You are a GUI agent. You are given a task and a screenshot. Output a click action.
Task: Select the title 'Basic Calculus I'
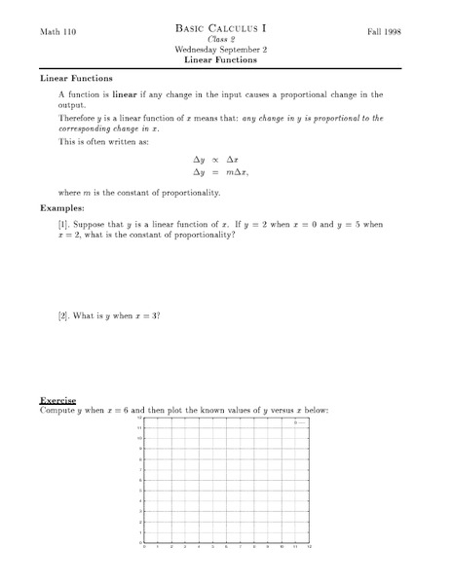227,29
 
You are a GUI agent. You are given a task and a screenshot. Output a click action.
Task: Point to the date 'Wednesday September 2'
227,50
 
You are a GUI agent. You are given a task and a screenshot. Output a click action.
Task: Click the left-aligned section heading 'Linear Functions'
76,78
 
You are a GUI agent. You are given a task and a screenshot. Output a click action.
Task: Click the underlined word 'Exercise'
57,400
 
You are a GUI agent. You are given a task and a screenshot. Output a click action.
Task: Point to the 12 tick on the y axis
140,418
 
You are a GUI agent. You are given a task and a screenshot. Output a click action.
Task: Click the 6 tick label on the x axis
227,547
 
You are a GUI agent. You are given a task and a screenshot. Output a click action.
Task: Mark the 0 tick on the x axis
145,547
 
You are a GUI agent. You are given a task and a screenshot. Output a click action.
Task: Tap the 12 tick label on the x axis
309,547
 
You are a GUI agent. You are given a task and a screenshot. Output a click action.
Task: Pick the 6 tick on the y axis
141,480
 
